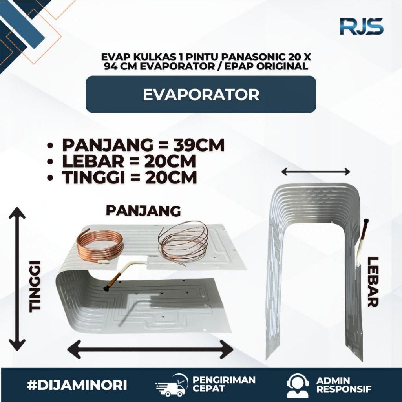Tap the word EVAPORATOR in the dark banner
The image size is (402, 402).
click(201, 95)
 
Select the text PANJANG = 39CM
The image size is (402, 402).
click(143, 145)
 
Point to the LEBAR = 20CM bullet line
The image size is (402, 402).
click(129, 162)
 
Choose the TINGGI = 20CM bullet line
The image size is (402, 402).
click(129, 178)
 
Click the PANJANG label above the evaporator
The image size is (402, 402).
click(143, 211)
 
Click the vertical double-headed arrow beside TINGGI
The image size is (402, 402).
click(17, 280)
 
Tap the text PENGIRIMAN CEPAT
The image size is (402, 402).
click(224, 384)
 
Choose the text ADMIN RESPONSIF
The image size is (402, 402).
click(344, 385)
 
